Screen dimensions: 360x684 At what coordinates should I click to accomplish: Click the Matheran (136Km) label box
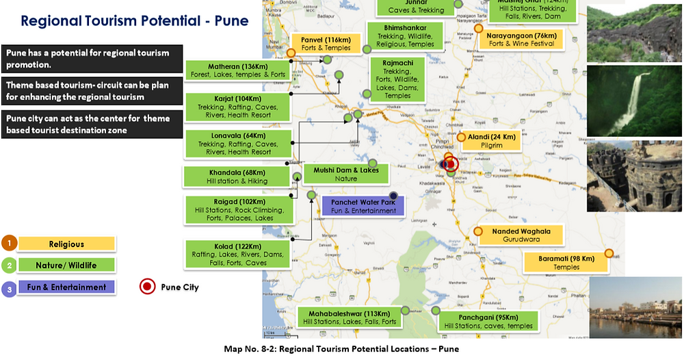click(236, 70)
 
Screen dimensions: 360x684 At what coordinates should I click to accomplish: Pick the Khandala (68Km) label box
click(237, 177)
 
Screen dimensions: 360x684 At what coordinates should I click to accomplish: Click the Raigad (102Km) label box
click(239, 209)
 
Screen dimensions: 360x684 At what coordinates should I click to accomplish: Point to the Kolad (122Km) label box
click(237, 254)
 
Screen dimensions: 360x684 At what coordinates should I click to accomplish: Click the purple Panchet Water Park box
click(364, 206)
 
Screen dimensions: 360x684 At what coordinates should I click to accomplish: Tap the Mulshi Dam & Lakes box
click(346, 174)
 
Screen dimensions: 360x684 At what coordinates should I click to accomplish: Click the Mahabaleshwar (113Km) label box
click(350, 317)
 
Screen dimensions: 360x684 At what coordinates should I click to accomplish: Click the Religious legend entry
click(66, 244)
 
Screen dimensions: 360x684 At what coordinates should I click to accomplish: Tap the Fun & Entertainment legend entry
click(66, 287)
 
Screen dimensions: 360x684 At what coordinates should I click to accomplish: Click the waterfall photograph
click(634, 101)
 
